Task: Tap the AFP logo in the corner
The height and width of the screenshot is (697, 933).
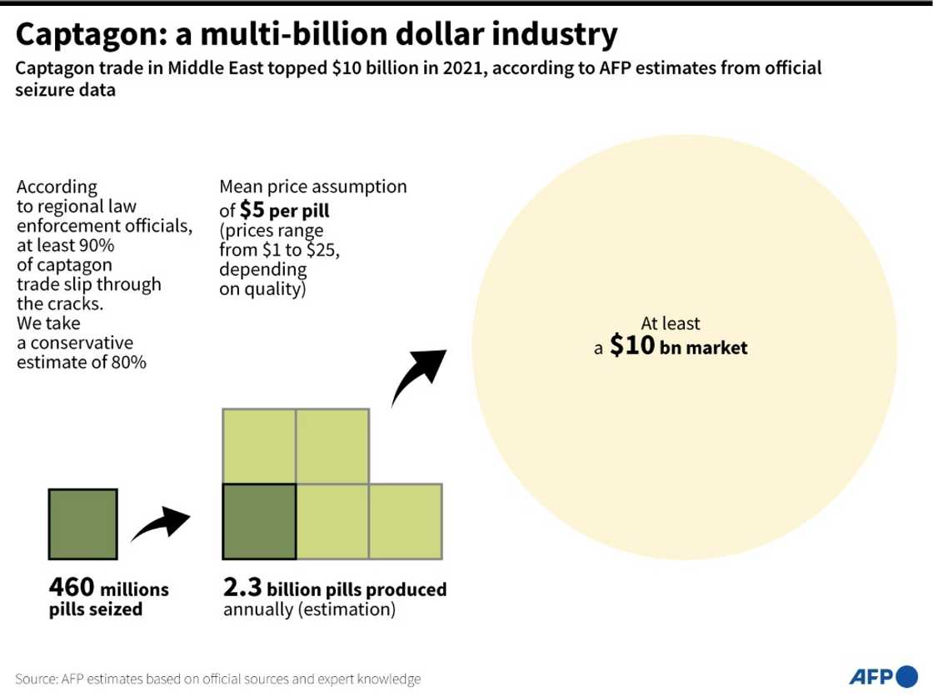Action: [x=881, y=675]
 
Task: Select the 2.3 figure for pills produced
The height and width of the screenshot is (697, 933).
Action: [x=242, y=588]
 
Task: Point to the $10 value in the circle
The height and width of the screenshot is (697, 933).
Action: [x=633, y=346]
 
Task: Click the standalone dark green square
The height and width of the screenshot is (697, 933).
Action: [x=82, y=523]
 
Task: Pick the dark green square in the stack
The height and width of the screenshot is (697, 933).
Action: [x=259, y=521]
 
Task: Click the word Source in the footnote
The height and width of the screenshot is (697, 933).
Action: [x=35, y=679]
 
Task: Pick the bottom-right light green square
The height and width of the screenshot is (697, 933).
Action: [x=406, y=521]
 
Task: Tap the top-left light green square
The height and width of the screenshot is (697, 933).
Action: [x=259, y=446]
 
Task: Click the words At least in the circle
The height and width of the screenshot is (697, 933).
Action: [x=670, y=323]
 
